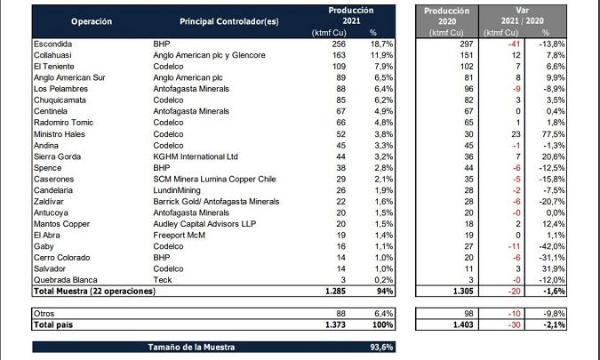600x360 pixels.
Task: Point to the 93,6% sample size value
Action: pyautogui.click(x=379, y=348)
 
